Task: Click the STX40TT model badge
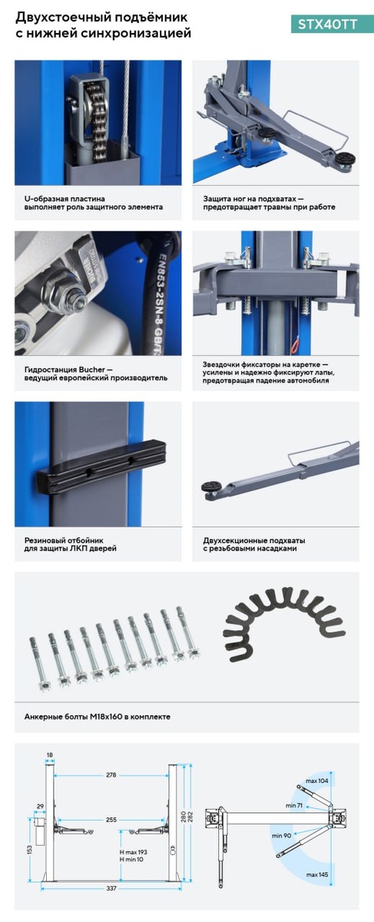pos(327,25)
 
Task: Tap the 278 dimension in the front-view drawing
pos(111,775)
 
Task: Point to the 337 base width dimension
pos(111,889)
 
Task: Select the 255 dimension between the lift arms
pos(111,820)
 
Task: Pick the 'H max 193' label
pos(133,852)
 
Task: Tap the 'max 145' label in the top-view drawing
pos(317,874)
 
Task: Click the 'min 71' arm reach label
pos(294,805)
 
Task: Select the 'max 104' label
pos(317,781)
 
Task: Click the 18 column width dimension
pos(50,755)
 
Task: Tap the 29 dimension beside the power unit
pos(40,807)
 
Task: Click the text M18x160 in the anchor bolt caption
pos(106,717)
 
